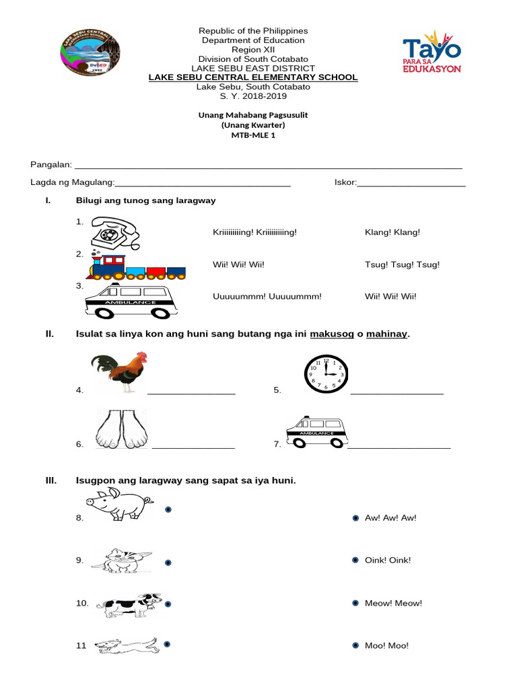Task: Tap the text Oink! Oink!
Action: pyautogui.click(x=387, y=560)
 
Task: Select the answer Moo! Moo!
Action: pyautogui.click(x=386, y=646)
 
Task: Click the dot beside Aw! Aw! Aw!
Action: pyautogui.click(x=355, y=518)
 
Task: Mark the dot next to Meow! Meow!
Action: pyautogui.click(x=355, y=604)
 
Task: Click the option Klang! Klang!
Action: pyautogui.click(x=392, y=232)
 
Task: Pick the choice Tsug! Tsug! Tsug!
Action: pyautogui.click(x=402, y=264)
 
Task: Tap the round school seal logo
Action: pyautogui.click(x=91, y=52)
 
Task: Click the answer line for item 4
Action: pyautogui.click(x=191, y=393)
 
